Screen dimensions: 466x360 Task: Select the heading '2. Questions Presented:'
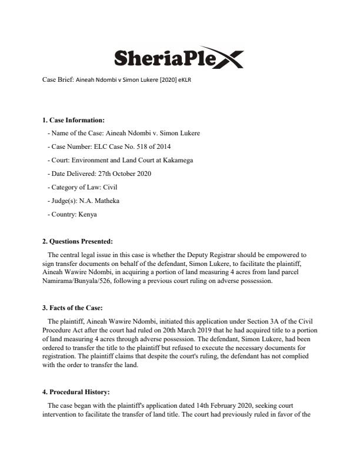(x=76, y=241)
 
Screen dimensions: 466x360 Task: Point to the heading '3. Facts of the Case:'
(x=73, y=308)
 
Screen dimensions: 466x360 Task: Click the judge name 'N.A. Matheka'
(x=101, y=201)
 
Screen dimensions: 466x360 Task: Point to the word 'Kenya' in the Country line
(x=86, y=214)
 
